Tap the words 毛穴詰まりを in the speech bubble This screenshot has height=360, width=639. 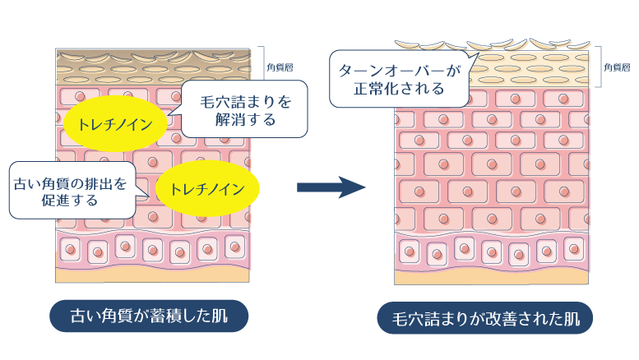click(246, 102)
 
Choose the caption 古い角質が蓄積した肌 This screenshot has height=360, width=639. click(149, 315)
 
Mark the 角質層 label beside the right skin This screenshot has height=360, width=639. click(617, 68)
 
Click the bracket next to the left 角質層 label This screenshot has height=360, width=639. click(263, 65)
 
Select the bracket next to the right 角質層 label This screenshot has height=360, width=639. click(599, 67)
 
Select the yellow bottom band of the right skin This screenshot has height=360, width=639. click(491, 272)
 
